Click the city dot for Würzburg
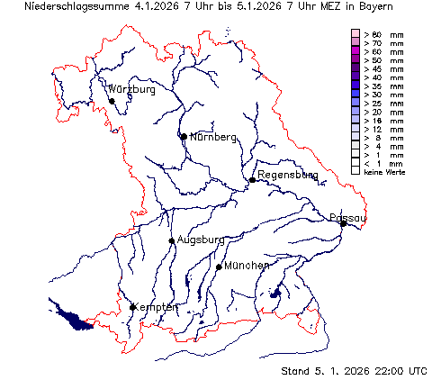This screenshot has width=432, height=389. tap(112, 100)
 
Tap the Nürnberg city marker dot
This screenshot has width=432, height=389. tap(184, 137)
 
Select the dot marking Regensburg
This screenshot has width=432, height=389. tap(253, 180)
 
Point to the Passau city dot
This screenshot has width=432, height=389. tap(343, 223)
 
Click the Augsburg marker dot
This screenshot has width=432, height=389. tap(172, 240)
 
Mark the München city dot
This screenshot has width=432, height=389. tap(219, 267)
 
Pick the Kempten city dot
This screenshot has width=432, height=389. tap(133, 307)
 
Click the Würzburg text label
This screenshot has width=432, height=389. tap(132, 90)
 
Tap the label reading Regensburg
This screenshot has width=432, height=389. tap(287, 175)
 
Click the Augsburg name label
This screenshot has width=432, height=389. tap(200, 240)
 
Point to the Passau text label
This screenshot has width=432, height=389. tap(348, 217)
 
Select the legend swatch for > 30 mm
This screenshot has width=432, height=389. tap(355, 94)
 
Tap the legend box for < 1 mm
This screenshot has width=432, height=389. tap(355, 162)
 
